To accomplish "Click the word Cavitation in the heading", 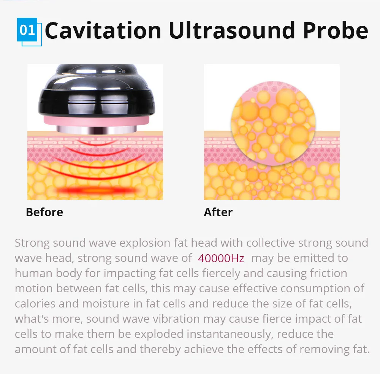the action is pyautogui.click(x=103, y=30).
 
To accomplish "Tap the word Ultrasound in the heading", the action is pyautogui.click(x=232, y=30).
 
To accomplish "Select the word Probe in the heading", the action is pyautogui.click(x=336, y=30).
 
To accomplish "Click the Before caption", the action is pyautogui.click(x=44, y=212).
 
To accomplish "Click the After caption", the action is pyautogui.click(x=218, y=212).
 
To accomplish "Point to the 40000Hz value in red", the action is pyautogui.click(x=221, y=258).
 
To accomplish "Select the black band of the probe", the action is pyautogui.click(x=96, y=102).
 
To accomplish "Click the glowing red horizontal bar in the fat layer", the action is pyautogui.click(x=97, y=190).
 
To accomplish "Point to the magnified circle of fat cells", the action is pyautogui.click(x=273, y=123).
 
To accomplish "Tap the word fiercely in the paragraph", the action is pyautogui.click(x=221, y=273).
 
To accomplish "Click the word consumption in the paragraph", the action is pyautogui.click(x=315, y=289).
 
